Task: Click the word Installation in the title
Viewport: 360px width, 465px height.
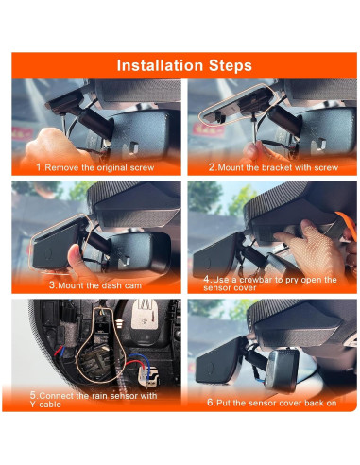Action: pyautogui.click(x=158, y=65)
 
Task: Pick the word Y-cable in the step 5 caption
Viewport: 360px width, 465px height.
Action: pyautogui.click(x=47, y=405)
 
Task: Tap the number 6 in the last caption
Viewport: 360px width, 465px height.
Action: pyautogui.click(x=213, y=401)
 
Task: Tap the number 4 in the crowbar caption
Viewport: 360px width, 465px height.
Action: pyautogui.click(x=206, y=279)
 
